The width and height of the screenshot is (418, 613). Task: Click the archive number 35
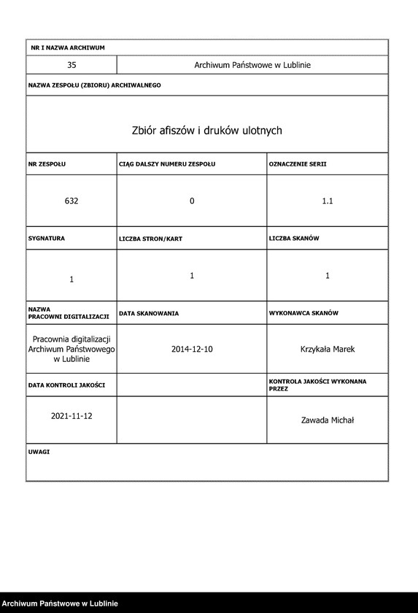pyautogui.click(x=71, y=65)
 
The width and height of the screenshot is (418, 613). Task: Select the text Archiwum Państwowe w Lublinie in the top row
pyautogui.click(x=252, y=65)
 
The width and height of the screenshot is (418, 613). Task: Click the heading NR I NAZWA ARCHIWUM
pyautogui.click(x=68, y=47)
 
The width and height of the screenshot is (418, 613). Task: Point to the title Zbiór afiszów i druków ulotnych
pyautogui.click(x=206, y=131)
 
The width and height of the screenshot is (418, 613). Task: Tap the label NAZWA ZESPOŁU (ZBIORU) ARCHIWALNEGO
pyautogui.click(x=94, y=85)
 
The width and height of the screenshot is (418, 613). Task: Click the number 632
pyautogui.click(x=71, y=201)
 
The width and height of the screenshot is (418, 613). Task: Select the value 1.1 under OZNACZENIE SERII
pyautogui.click(x=328, y=201)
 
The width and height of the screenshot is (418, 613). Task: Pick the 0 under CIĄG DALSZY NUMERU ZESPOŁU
pyautogui.click(x=192, y=201)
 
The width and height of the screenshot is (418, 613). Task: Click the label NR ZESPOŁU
pyautogui.click(x=47, y=164)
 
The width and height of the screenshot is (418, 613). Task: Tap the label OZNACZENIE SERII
pyautogui.click(x=298, y=164)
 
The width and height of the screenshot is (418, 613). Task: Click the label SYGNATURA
pyautogui.click(x=47, y=239)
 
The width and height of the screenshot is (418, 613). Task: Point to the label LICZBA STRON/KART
pyautogui.click(x=150, y=239)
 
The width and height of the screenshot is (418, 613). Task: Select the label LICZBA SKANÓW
pyautogui.click(x=294, y=239)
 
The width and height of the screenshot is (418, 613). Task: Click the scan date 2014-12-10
pyautogui.click(x=192, y=350)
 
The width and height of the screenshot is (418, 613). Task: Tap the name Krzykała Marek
pyautogui.click(x=328, y=350)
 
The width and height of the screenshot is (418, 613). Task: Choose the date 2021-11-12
pyautogui.click(x=71, y=415)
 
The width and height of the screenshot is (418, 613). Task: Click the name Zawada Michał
pyautogui.click(x=328, y=420)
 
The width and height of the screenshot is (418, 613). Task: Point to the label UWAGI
pyautogui.click(x=39, y=452)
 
